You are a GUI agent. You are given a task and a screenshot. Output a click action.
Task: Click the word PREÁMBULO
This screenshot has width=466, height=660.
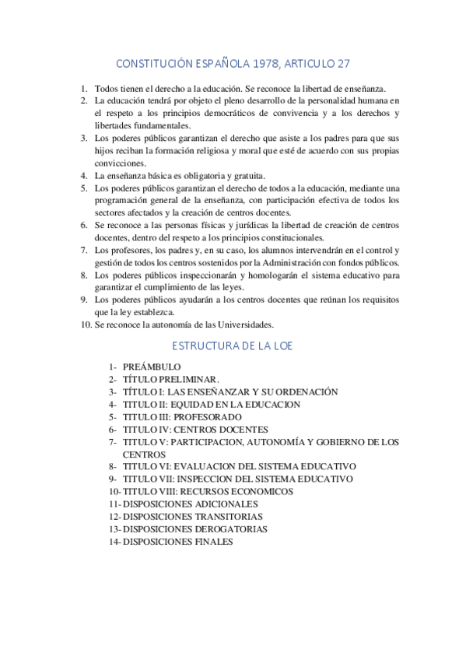click(x=152, y=367)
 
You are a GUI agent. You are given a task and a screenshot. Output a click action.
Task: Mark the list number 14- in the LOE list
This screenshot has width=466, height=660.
click(x=115, y=542)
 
